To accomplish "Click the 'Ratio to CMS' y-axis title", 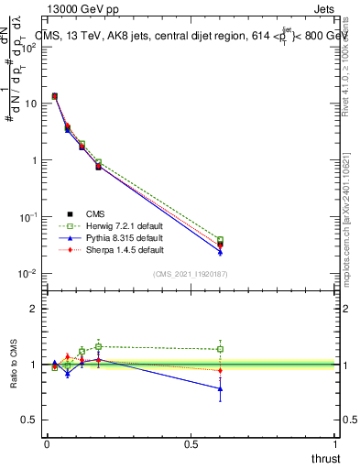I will (15, 365).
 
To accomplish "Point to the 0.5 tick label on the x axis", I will (191, 445).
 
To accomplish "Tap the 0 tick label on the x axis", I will (47, 445).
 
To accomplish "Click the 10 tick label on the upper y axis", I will (31, 104).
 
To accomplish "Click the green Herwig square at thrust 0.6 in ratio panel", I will (220, 349).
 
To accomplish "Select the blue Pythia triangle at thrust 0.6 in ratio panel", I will (220, 388).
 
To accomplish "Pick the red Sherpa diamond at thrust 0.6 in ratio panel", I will (220, 370).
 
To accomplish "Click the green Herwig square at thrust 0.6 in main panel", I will (220, 240).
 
